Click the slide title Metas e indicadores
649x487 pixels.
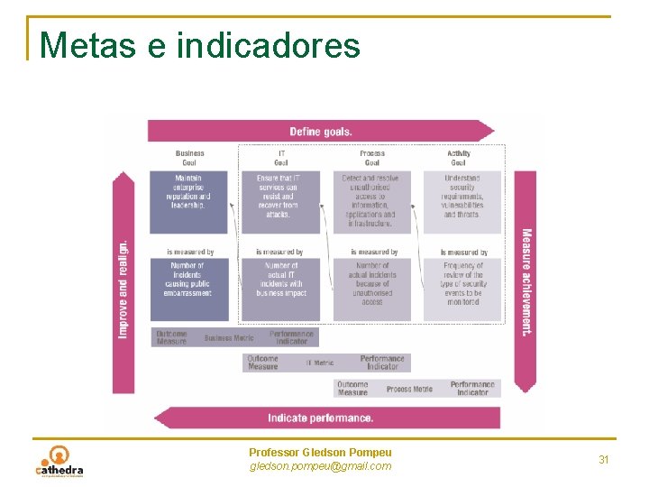point(199,44)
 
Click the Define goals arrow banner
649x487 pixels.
point(321,132)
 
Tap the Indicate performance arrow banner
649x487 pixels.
point(321,418)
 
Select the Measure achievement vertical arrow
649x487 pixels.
point(526,281)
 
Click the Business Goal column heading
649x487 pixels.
point(189,158)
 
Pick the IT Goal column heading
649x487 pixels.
point(281,158)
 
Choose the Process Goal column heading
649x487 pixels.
point(372,158)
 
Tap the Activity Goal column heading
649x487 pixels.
point(459,158)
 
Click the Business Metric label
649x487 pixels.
point(229,338)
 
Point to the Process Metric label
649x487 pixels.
point(410,389)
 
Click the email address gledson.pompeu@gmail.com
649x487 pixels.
point(320,466)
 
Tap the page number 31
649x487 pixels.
point(604,460)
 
